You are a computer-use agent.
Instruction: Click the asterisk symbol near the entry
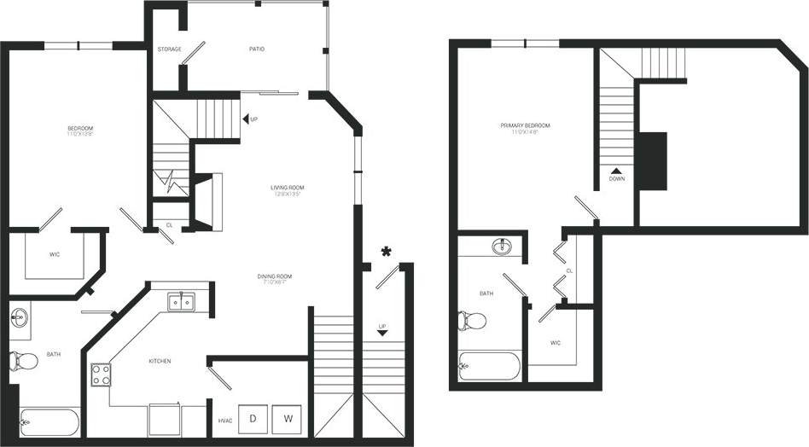click(x=387, y=252)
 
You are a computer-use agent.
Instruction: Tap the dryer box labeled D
click(x=253, y=418)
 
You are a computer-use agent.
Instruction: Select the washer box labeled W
click(x=288, y=418)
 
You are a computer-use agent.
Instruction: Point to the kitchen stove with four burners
click(x=102, y=374)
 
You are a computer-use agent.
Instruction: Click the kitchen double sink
click(x=181, y=301)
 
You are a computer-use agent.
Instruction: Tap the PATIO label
click(x=257, y=49)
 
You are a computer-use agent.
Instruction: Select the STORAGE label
click(x=169, y=49)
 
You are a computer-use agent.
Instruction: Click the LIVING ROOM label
click(x=288, y=188)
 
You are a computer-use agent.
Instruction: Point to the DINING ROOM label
click(x=275, y=276)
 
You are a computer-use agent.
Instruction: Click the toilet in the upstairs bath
click(x=471, y=321)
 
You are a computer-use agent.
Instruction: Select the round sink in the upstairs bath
click(x=503, y=247)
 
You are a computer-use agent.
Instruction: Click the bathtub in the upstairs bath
click(x=488, y=367)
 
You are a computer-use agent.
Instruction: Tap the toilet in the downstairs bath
click(x=25, y=361)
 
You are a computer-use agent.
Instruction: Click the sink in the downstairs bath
click(x=19, y=318)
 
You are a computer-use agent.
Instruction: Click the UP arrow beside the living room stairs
click(x=244, y=119)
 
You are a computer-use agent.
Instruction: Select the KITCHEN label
click(x=160, y=361)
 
